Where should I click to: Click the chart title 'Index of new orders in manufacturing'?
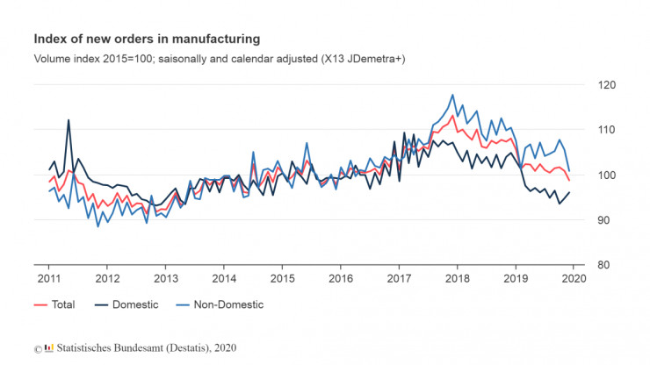click(147, 39)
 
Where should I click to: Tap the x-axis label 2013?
click(165, 278)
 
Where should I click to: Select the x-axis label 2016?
click(340, 278)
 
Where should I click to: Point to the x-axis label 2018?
click(458, 278)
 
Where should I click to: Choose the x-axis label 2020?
click(574, 278)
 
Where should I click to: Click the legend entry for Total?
click(54, 304)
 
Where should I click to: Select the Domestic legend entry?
click(127, 304)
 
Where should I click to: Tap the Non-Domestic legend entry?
click(220, 304)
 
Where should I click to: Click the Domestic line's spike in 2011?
click(69, 120)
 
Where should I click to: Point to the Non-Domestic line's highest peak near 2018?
click(452, 95)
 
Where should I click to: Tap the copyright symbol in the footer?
click(38, 348)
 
